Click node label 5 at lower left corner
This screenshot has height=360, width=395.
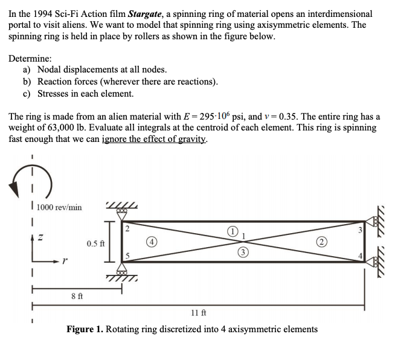[128, 255]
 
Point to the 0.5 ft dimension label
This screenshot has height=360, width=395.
[95, 243]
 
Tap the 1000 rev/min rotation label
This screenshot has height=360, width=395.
[59, 207]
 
